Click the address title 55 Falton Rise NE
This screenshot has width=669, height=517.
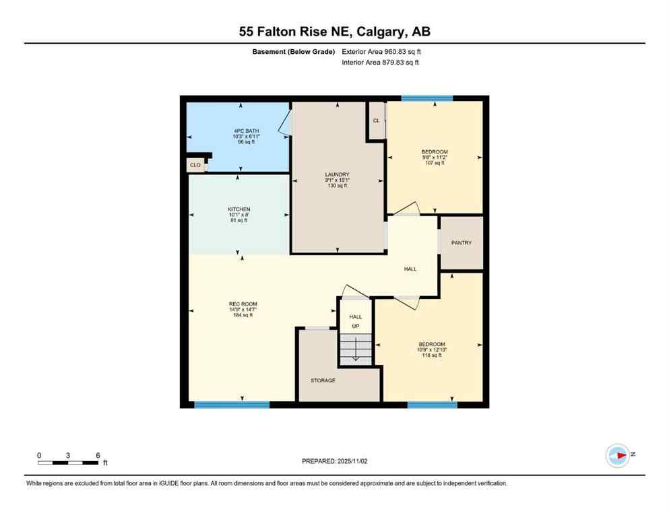[334, 32]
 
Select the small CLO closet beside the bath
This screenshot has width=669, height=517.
[195, 164]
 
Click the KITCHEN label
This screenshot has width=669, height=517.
[238, 209]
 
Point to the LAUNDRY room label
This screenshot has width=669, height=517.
[336, 174]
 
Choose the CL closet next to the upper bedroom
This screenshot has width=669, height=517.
[376, 120]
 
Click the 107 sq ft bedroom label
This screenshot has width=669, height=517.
[435, 152]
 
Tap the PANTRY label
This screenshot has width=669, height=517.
[461, 243]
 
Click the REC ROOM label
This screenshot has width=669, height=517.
[243, 304]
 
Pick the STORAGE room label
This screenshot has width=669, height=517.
[323, 380]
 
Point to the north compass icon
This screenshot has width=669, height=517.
[617, 455]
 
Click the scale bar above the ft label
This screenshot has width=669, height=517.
[69, 462]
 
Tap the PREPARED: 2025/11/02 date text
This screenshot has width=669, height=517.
[335, 461]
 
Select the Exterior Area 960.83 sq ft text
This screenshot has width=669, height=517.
[382, 52]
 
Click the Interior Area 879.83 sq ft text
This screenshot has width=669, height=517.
[381, 63]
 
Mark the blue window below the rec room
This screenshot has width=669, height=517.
[232, 405]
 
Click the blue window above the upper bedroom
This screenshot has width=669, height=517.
[427, 98]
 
